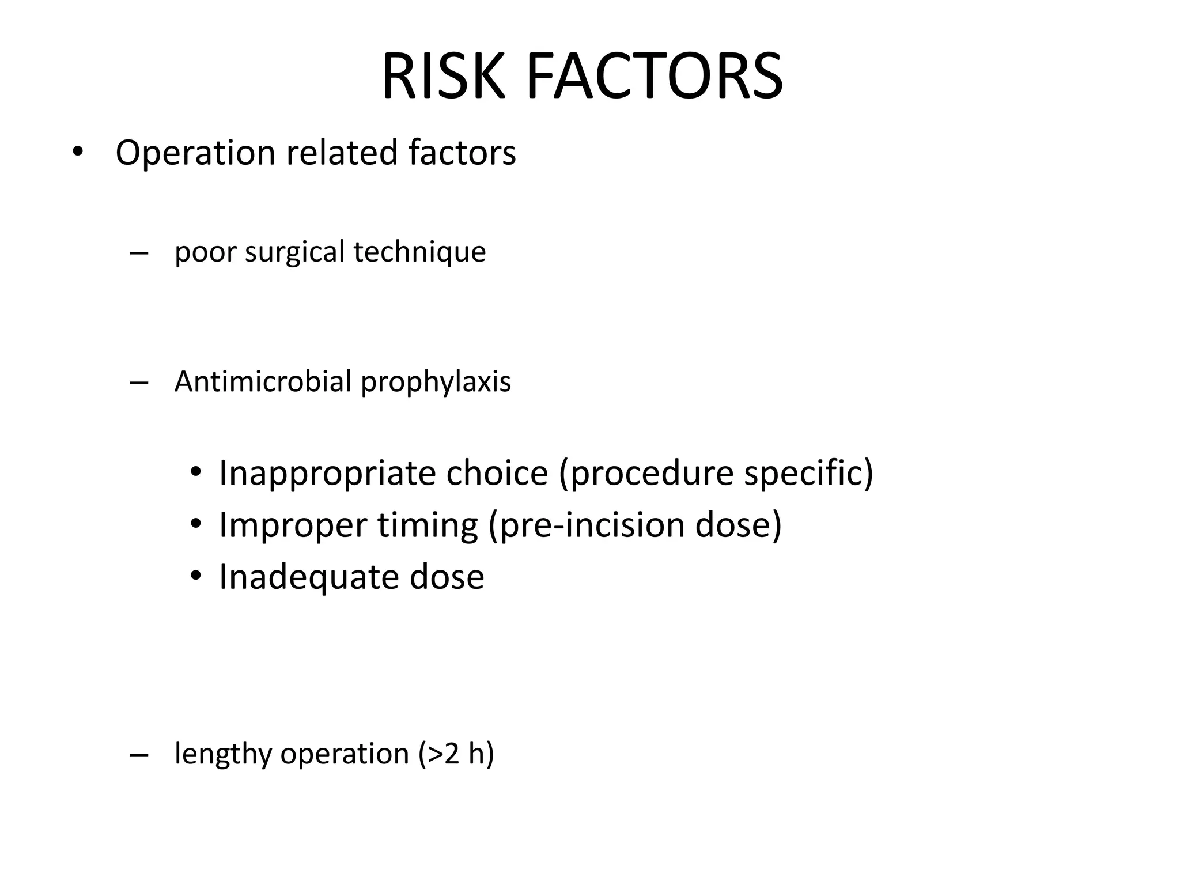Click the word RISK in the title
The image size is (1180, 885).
tap(442, 77)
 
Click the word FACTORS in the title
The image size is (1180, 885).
tap(654, 77)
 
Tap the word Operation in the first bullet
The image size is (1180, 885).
tap(195, 153)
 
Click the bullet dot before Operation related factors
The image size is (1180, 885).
tap(77, 153)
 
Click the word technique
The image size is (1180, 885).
tap(419, 252)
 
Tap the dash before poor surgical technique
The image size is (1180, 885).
tap(139, 254)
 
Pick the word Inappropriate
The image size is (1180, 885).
tap(326, 474)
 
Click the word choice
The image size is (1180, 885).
tap(497, 474)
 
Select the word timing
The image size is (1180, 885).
tap(428, 525)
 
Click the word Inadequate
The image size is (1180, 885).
tap(308, 577)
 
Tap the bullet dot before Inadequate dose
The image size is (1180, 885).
tap(196, 576)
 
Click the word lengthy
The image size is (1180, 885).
tap(222, 754)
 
